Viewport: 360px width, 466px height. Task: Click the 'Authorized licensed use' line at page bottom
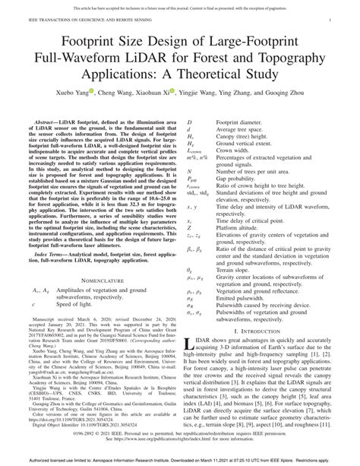pos(180,461)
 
